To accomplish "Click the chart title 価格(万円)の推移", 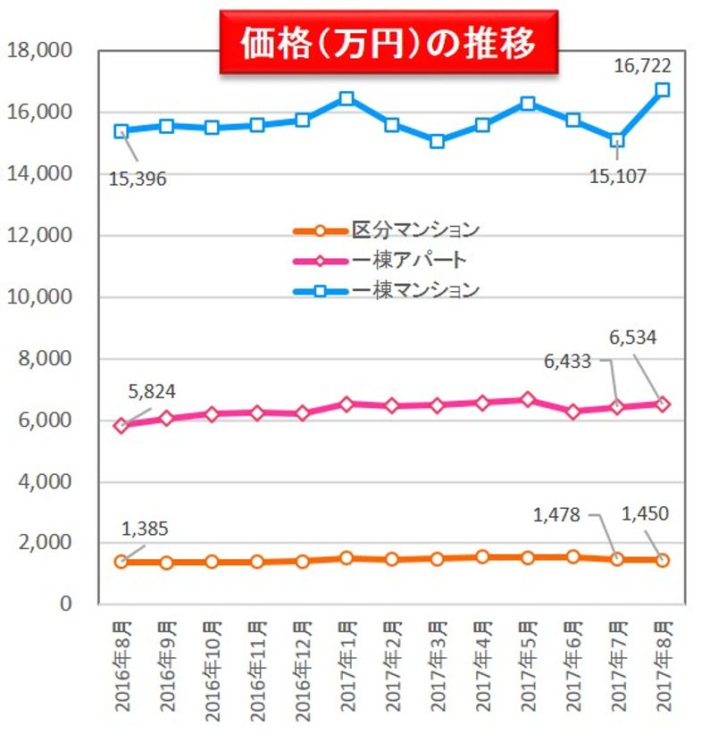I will (x=388, y=42).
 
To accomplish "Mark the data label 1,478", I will (x=560, y=514).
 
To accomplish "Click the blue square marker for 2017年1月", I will (x=347, y=99).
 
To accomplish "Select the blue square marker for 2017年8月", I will (x=662, y=90).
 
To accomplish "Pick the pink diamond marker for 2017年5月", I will (x=527, y=399).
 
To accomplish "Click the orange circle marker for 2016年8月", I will (x=121, y=562).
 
